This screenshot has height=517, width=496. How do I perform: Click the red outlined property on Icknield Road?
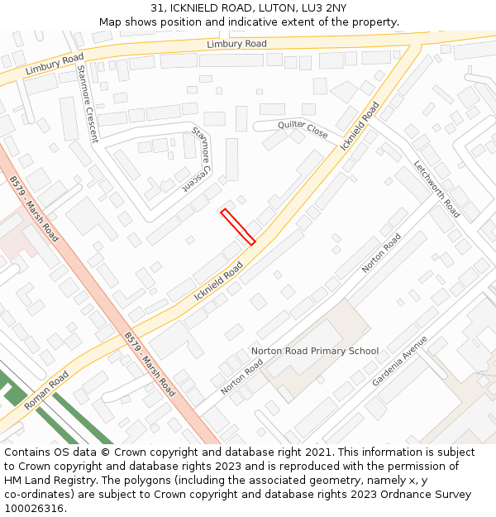[237, 227]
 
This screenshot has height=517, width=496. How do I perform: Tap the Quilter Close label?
[303, 129]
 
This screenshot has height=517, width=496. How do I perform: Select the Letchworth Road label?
[436, 189]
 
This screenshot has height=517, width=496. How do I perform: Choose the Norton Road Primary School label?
[315, 351]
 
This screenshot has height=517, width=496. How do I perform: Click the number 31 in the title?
[158, 8]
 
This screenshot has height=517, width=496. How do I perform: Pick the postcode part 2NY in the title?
[332, 8]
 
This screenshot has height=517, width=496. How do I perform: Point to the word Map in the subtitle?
[110, 22]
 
